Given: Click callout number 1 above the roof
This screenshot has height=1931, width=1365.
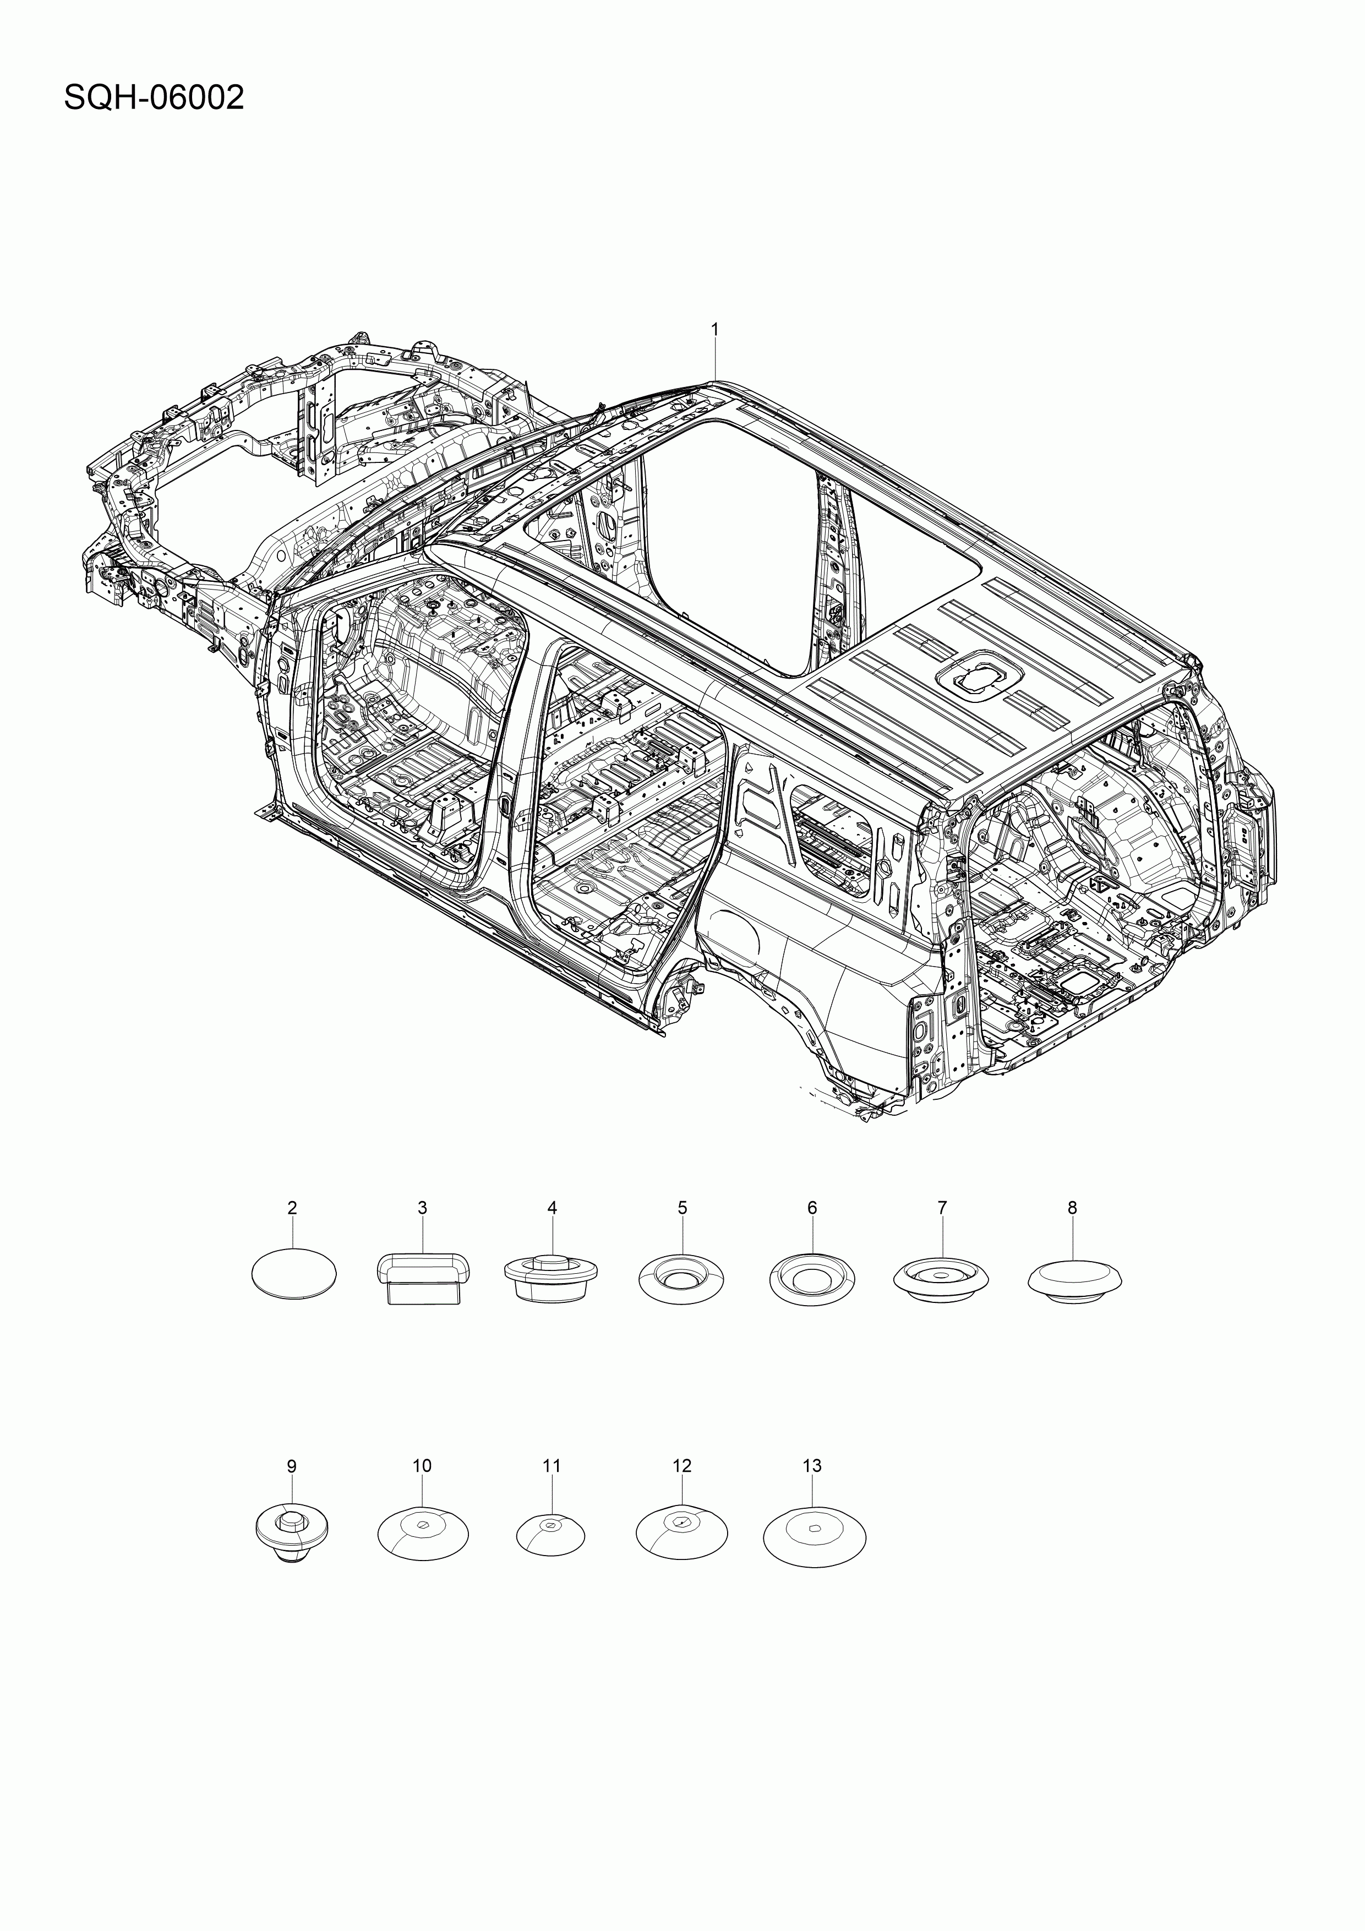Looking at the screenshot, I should pos(715,330).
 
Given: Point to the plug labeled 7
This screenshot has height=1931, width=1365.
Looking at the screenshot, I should pos(941,1279).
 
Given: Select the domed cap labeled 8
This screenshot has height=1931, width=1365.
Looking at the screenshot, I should pos(1075,1280).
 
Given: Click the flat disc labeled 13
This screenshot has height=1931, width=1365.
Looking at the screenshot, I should pos(813,1536).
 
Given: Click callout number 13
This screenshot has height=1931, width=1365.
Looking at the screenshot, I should pos(812,1465).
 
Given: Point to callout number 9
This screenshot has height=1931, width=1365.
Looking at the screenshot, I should pos(292,1466).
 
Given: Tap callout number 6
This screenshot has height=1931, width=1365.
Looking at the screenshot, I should pos(812,1208).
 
